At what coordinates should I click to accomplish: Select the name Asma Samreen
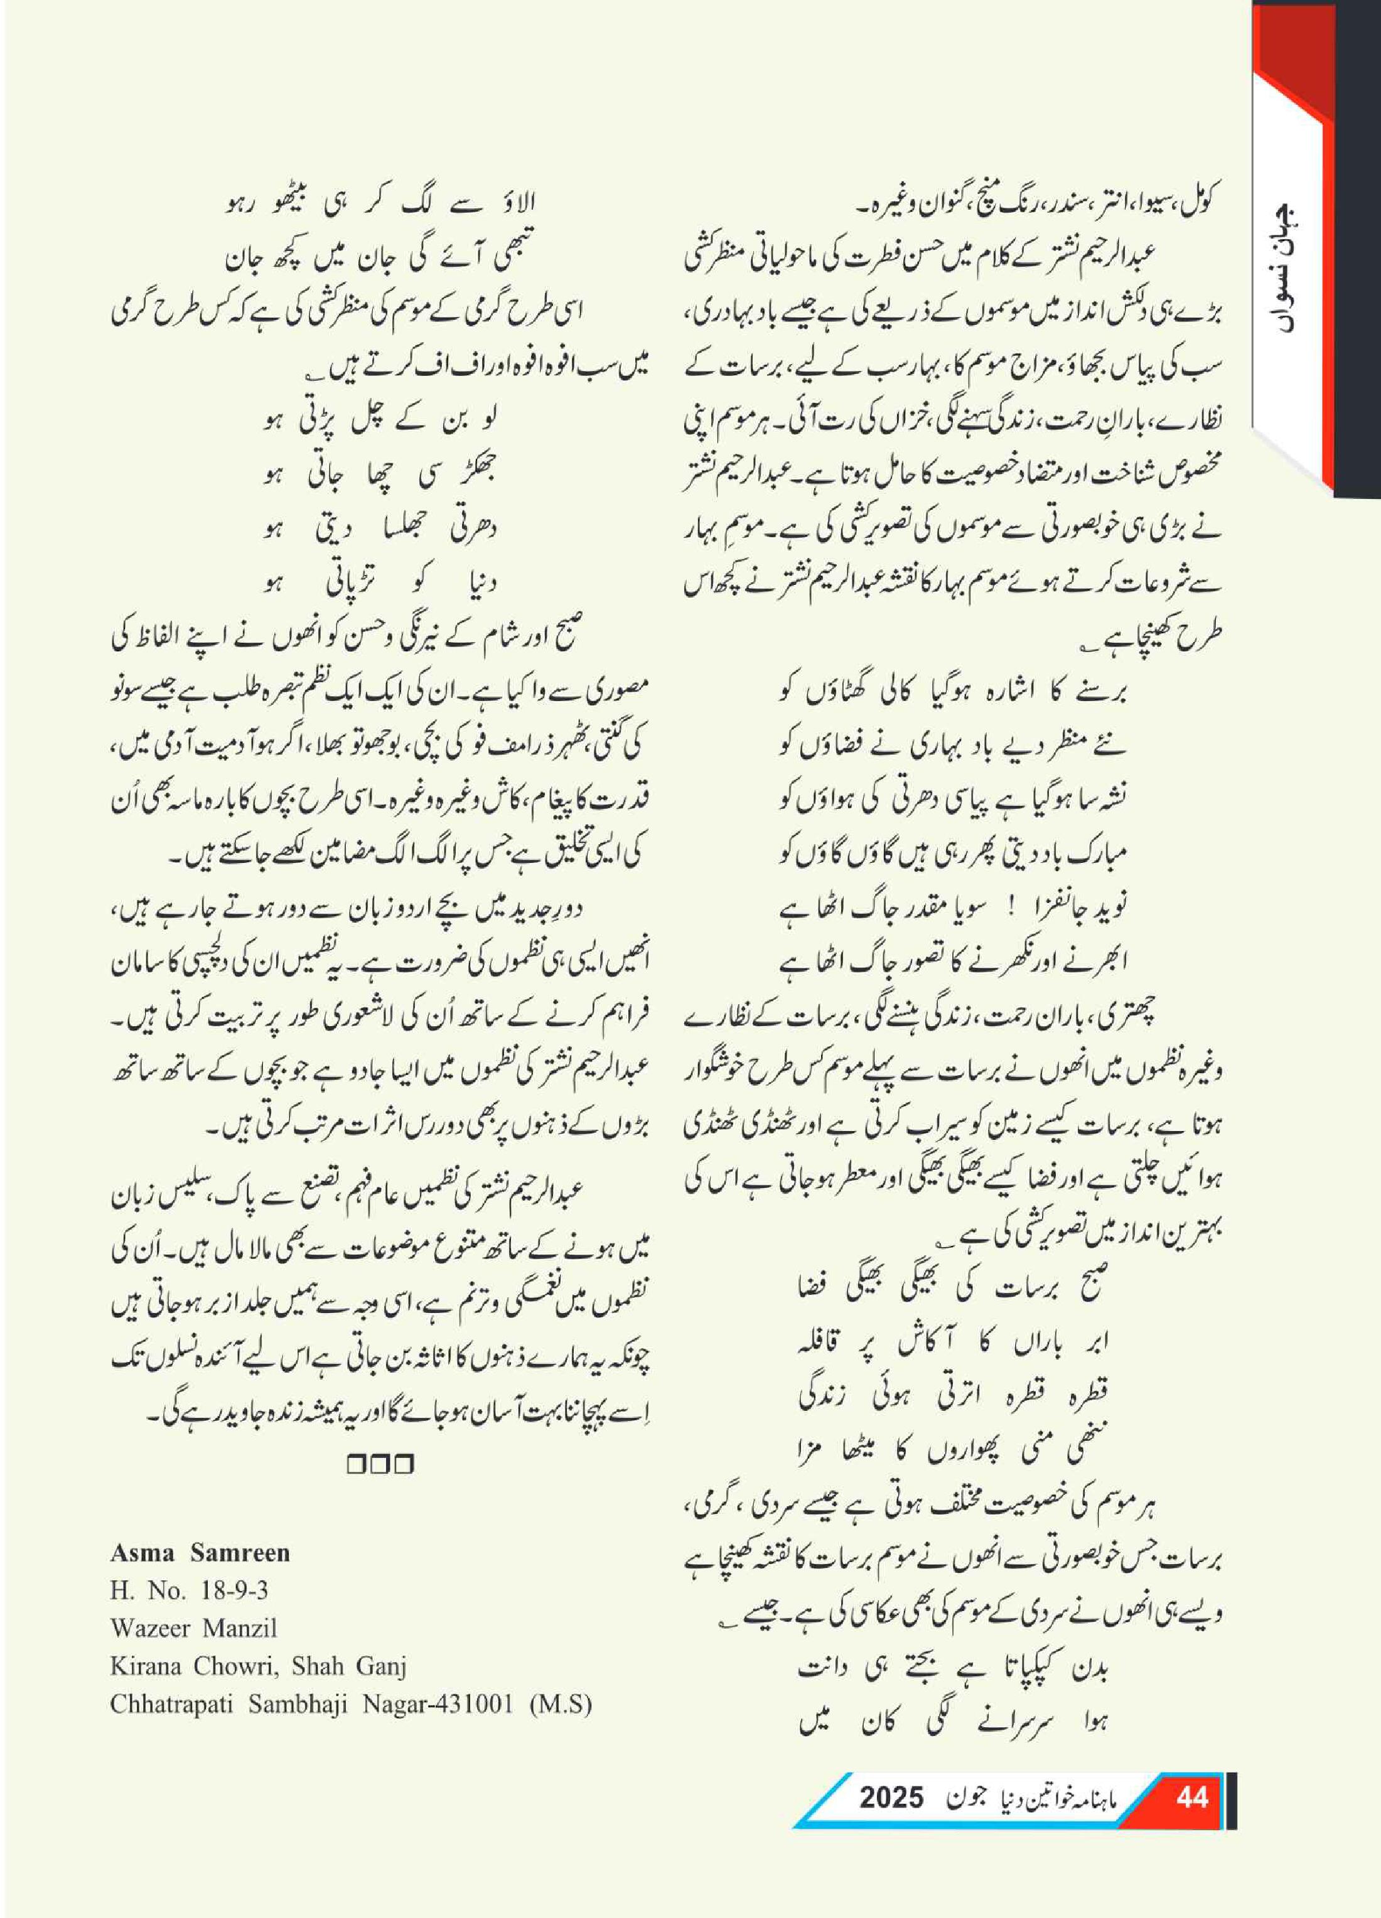pos(200,1552)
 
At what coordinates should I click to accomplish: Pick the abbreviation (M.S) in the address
pos(561,1704)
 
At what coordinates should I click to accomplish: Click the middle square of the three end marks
pos(380,1464)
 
